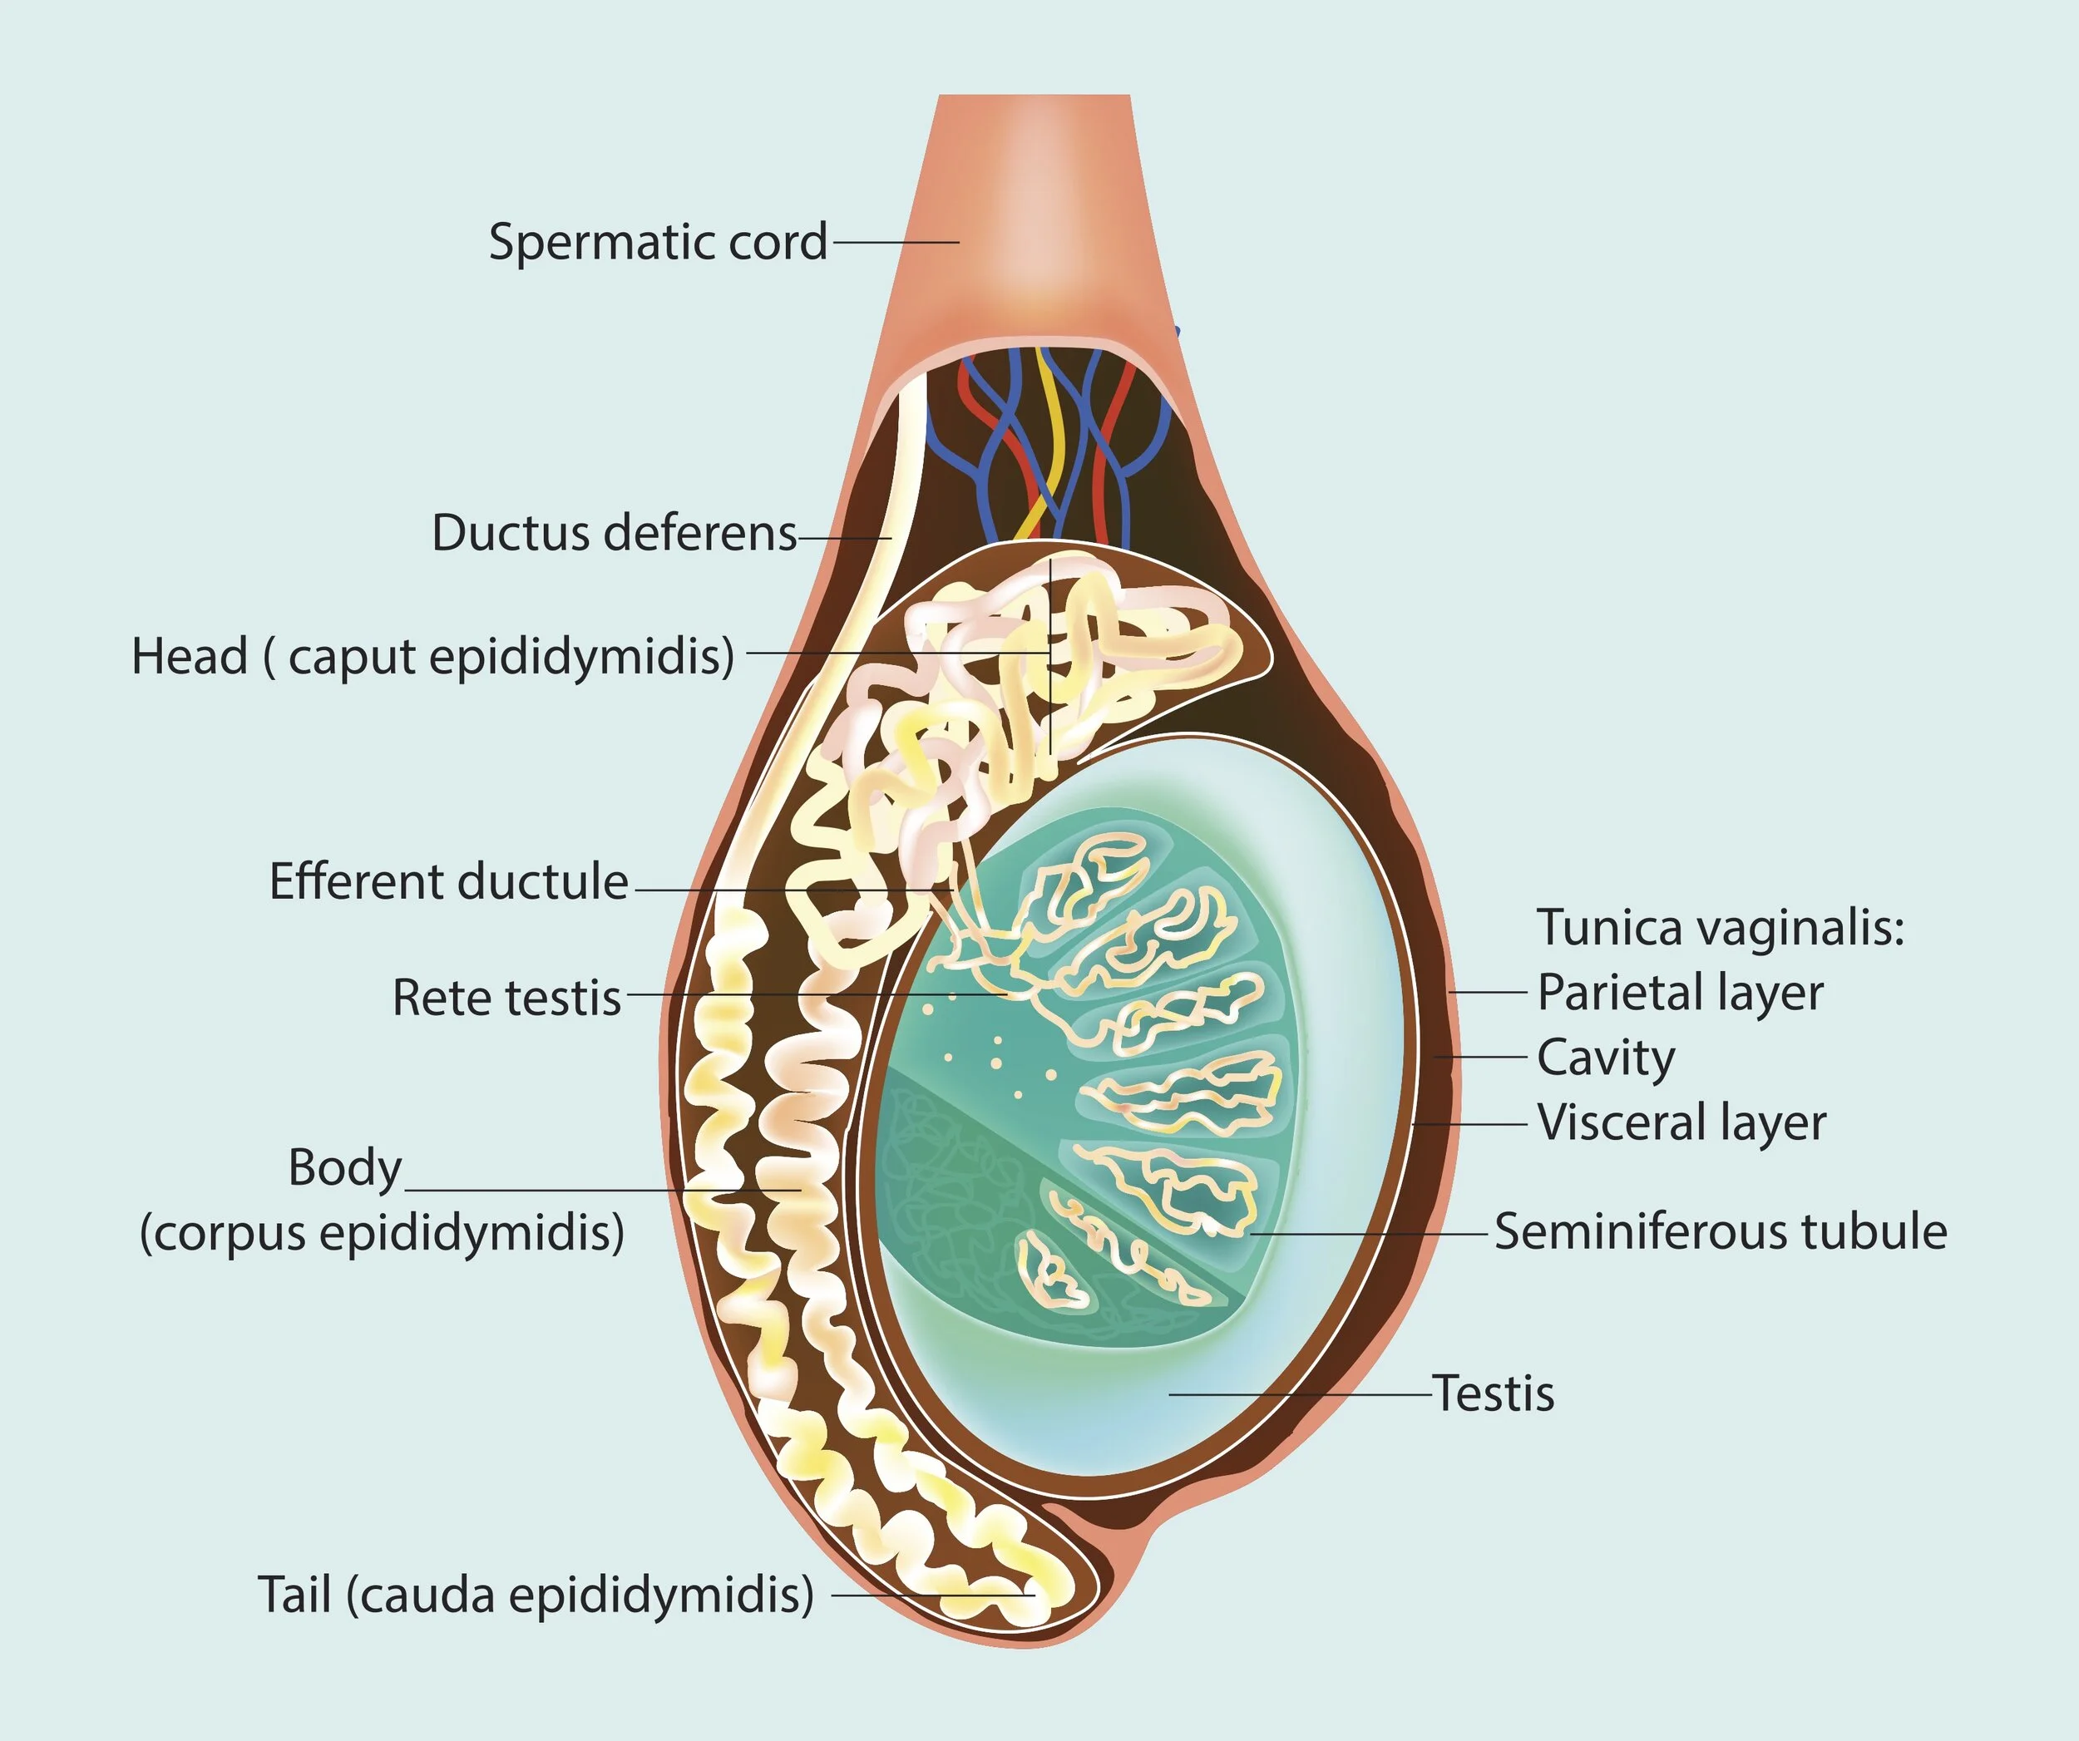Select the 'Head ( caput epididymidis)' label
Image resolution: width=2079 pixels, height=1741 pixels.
click(x=432, y=655)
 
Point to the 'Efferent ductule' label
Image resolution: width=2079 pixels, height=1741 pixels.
click(x=448, y=880)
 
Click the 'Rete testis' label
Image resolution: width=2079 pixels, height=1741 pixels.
click(x=507, y=997)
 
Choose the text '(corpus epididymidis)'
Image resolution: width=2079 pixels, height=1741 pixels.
click(x=383, y=1233)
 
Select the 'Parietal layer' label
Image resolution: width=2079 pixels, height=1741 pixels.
click(x=1680, y=992)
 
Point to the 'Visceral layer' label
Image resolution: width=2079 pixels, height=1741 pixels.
click(x=1681, y=1122)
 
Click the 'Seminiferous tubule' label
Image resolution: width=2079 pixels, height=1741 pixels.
click(x=1721, y=1231)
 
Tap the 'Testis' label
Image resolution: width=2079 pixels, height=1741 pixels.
click(x=1494, y=1393)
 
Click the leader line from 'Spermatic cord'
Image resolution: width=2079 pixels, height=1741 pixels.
click(x=895, y=241)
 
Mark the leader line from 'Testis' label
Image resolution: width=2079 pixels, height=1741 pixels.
click(x=1301, y=1394)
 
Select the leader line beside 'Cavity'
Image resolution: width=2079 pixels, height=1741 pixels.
click(x=1481, y=1057)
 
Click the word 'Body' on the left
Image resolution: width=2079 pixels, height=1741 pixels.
click(x=344, y=1168)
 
